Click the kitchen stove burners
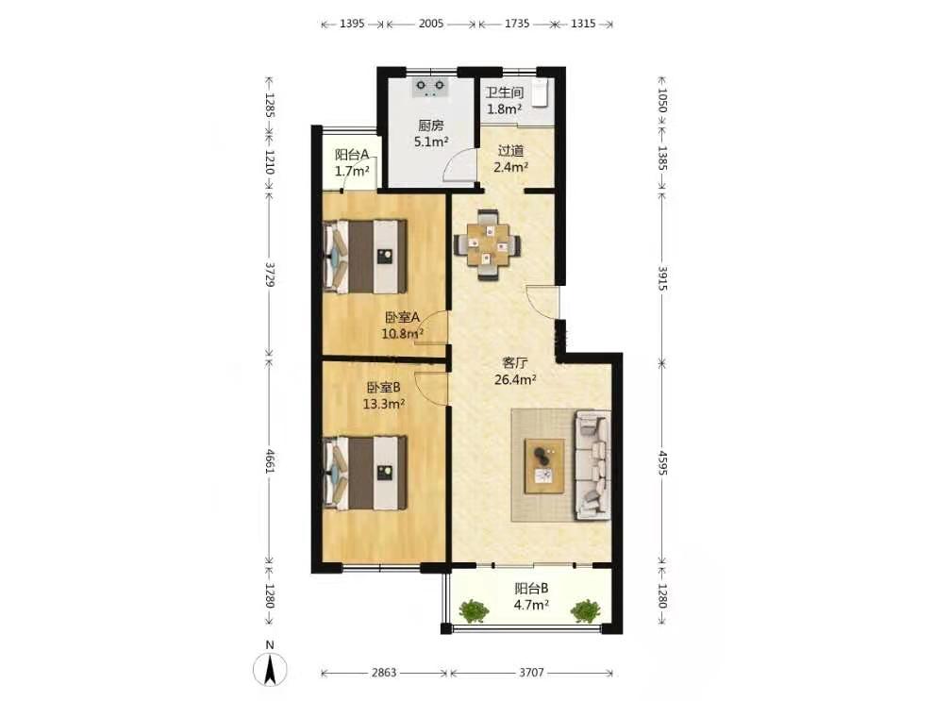coord(430,88)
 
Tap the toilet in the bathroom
coord(541,92)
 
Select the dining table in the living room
coord(488,244)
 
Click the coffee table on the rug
coord(544,466)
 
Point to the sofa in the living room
coord(592,464)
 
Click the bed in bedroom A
coord(365,257)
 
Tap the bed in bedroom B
coord(365,473)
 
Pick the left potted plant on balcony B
coord(474,610)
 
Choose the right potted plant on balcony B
coord(586,610)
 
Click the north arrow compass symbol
coord(270,669)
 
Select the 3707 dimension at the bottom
coord(531,673)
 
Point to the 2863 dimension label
coord(384,673)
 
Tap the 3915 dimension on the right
coord(662,277)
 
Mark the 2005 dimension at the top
coord(430,24)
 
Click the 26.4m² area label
coord(515,379)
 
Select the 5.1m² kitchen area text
coord(430,142)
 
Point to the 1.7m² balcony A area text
coord(352,172)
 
